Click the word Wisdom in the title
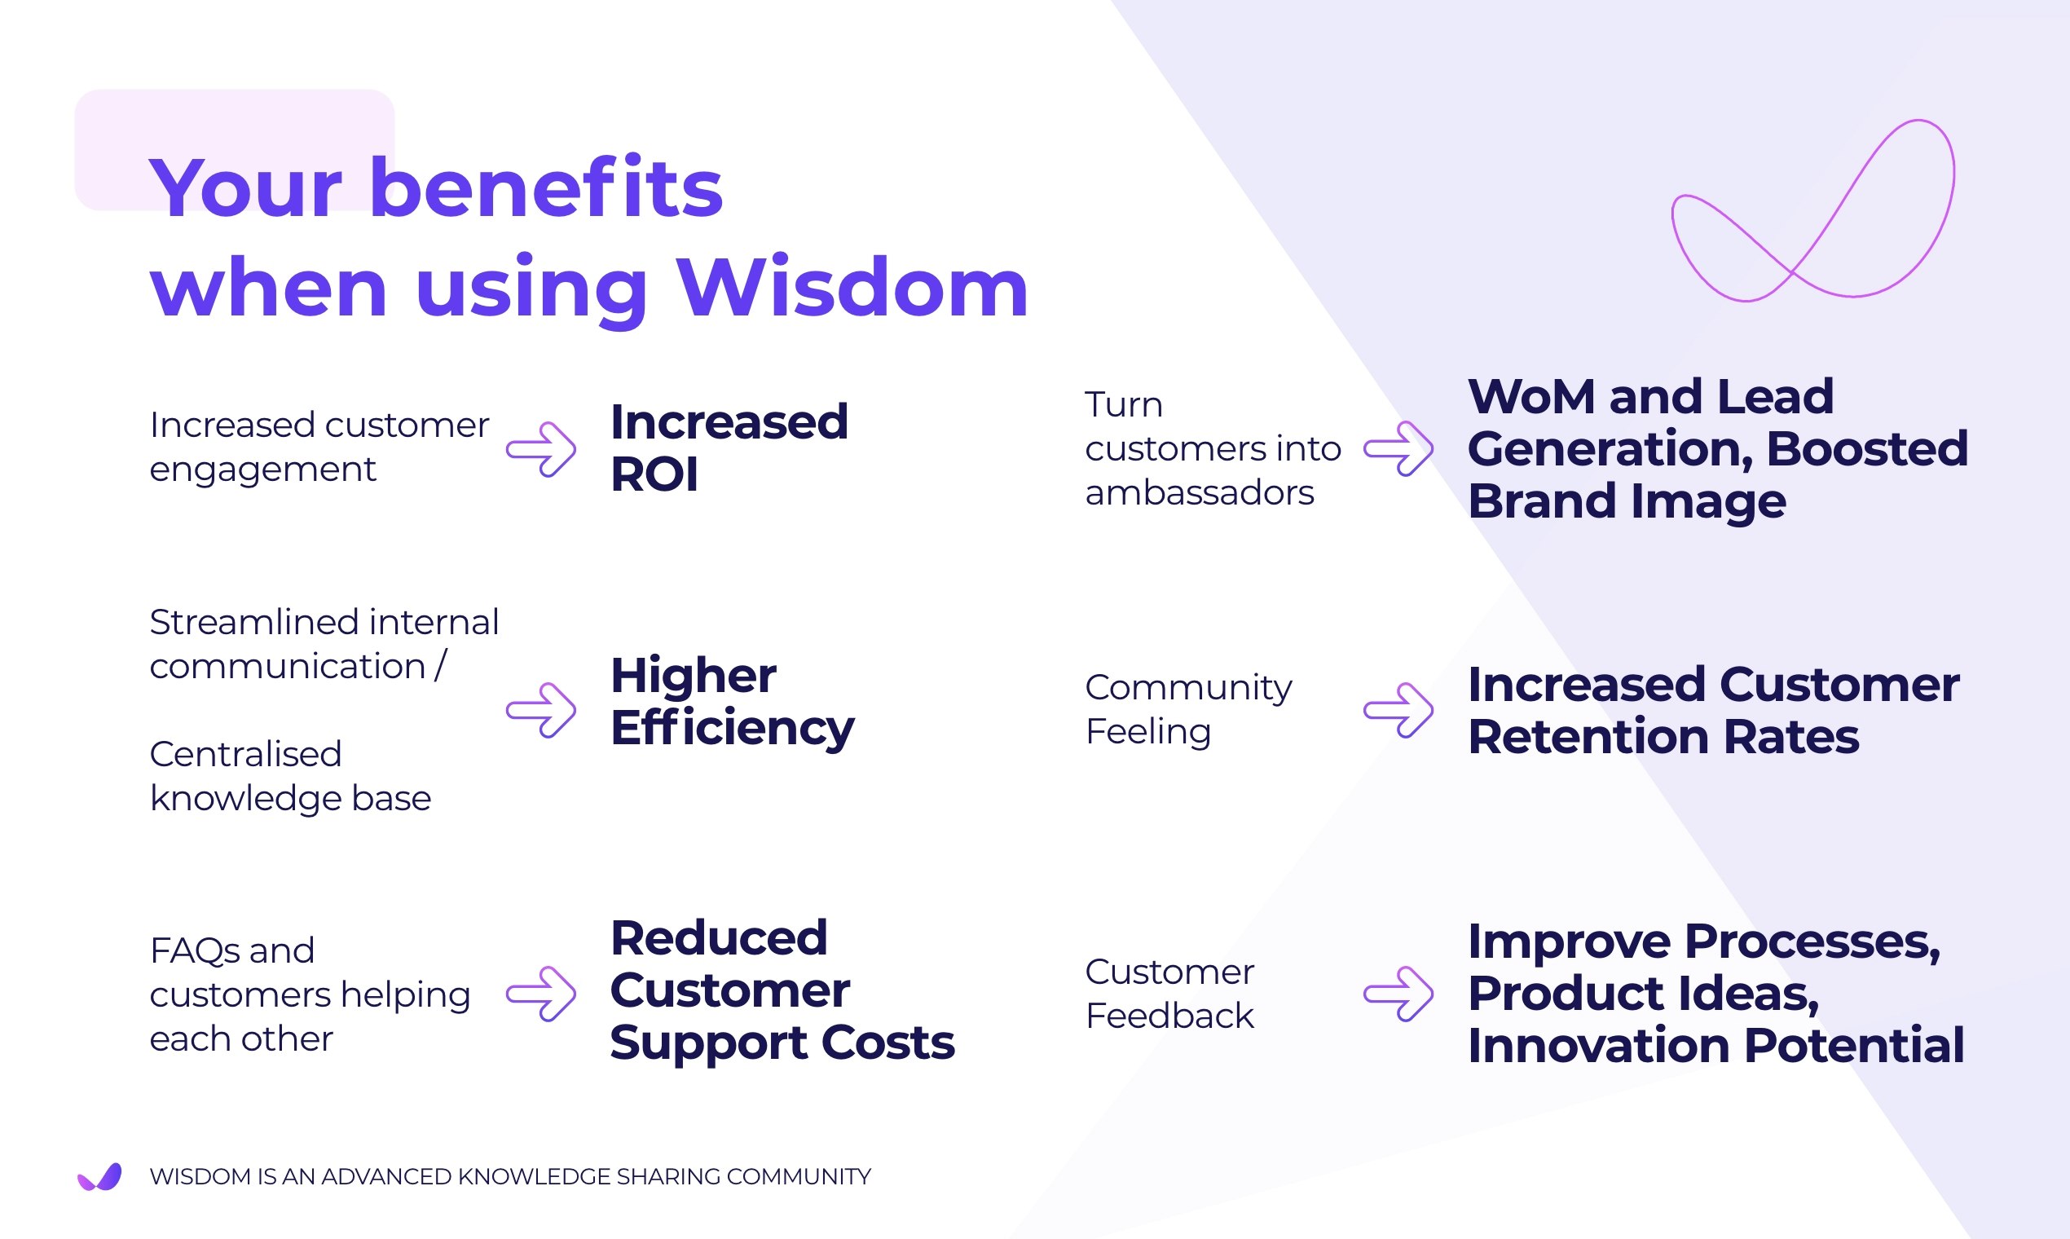coord(852,288)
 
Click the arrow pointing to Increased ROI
coord(541,449)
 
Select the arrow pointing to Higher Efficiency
coord(541,711)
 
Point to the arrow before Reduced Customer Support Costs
coord(541,994)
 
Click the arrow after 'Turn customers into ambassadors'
coord(1398,449)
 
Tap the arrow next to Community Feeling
coord(1398,711)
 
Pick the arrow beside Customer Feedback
coord(1398,994)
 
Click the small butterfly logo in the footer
coord(100,1176)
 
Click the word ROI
coord(654,475)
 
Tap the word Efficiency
coord(732,729)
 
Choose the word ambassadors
coord(1200,493)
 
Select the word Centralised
coord(245,755)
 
